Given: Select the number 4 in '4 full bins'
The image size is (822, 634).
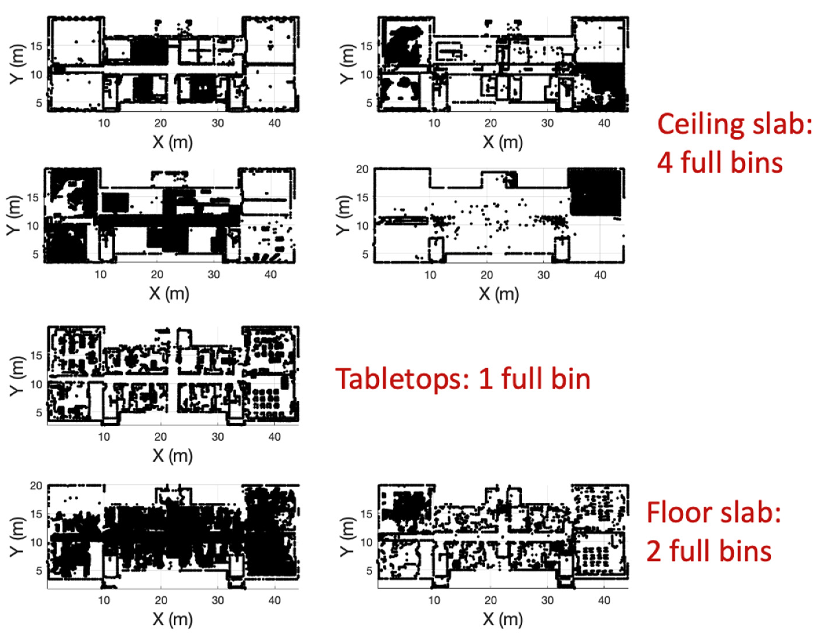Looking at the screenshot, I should tap(665, 163).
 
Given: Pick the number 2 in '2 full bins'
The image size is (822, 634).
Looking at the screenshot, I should tap(654, 551).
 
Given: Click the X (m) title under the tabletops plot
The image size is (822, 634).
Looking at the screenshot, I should tap(172, 456).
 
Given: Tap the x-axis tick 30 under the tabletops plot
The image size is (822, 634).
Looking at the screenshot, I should tap(217, 437).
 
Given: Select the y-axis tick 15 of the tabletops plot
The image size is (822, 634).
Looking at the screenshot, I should tap(36, 356).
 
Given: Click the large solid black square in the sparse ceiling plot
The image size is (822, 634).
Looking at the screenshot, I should tap(594, 192).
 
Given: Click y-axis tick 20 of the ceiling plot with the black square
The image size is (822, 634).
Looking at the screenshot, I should tap(363, 169).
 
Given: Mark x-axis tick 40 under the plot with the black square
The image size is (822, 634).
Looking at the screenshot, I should tap(600, 275).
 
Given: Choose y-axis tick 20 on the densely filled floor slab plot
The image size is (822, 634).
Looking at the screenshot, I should tap(36, 486).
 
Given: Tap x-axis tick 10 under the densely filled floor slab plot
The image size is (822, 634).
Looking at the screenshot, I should tap(104, 600).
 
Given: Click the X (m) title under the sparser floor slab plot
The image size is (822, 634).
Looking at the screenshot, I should tap(502, 619).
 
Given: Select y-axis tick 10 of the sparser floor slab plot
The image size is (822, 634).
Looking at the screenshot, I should tap(366, 542).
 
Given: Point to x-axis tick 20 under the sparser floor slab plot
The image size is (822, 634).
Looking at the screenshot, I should tap(490, 600).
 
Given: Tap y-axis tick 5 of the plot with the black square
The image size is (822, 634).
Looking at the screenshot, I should tap(365, 254).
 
